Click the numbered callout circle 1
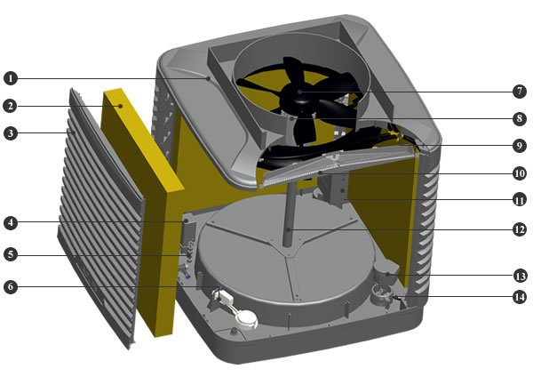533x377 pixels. (x=11, y=78)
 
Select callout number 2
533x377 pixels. (x=11, y=106)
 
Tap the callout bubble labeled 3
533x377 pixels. (x=11, y=133)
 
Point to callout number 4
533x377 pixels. (x=11, y=223)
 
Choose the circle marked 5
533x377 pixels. (x=11, y=254)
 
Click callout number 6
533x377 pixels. (x=11, y=287)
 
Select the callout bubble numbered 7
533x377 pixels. (x=520, y=92)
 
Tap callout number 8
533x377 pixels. (x=520, y=118)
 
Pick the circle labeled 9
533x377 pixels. (x=520, y=146)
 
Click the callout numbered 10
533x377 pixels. (x=520, y=173)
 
